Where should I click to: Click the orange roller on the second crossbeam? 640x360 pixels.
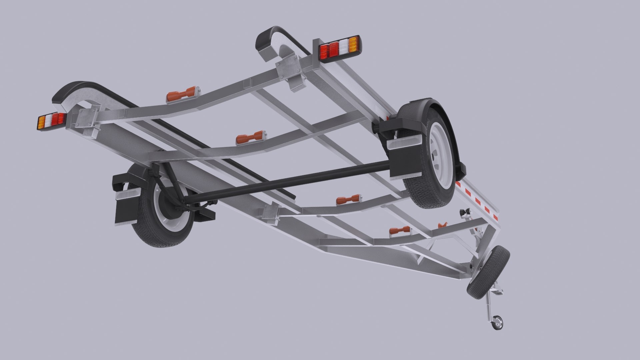coord(250,138)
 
